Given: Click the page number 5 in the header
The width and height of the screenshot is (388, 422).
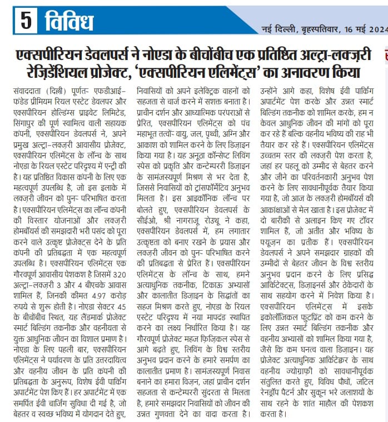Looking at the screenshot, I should [x=26, y=22].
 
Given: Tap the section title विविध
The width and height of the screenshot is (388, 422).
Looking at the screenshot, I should [x=67, y=22].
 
